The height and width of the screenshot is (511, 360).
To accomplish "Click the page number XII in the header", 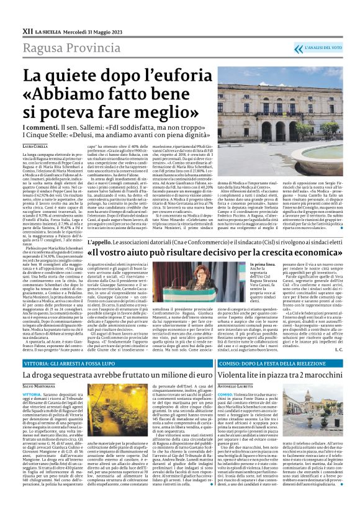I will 28,29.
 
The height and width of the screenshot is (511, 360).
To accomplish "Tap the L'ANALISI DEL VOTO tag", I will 323,48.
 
